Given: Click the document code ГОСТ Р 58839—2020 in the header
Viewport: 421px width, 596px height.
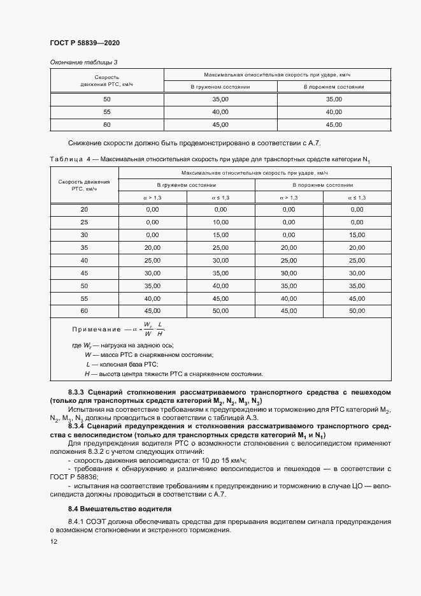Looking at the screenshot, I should tap(84, 43).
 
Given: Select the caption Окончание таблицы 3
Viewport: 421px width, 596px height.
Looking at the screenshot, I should tap(83, 62).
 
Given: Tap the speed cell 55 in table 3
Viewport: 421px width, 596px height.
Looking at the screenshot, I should tap(106, 112).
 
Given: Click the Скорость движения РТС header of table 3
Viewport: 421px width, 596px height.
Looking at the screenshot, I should tap(106, 80).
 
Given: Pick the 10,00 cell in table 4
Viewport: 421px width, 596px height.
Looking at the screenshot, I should tap(220, 222).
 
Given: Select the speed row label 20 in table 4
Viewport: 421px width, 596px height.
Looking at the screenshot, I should tap(84, 209).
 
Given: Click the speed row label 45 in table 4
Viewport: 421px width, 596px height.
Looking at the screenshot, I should tap(84, 273).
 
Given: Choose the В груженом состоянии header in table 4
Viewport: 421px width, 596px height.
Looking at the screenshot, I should tap(186, 185).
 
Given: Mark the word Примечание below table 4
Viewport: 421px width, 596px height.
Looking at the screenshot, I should tap(96, 329).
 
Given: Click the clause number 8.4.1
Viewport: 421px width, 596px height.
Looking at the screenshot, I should tap(79, 521).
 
